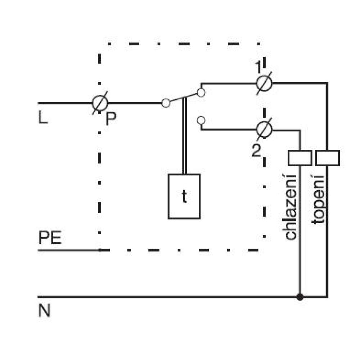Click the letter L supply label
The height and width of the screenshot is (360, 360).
43,117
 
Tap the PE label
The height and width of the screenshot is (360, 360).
50,238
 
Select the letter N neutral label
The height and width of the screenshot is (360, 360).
44,310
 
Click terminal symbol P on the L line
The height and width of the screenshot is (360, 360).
100,103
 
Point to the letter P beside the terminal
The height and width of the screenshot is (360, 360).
111,118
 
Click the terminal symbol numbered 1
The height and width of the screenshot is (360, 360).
264,83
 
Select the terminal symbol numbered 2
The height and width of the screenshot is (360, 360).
264,130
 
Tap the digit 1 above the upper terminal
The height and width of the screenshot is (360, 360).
259,67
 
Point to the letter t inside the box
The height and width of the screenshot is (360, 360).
184,197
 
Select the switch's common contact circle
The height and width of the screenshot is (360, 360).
166,103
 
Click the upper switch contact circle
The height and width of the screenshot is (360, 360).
201,93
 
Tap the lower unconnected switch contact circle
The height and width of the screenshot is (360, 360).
201,120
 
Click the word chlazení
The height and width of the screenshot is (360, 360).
290,207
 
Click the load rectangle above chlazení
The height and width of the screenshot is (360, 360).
300,158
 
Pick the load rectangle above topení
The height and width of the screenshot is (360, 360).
327,158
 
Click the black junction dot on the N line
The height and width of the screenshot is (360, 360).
300,297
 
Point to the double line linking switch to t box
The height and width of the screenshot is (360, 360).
184,136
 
